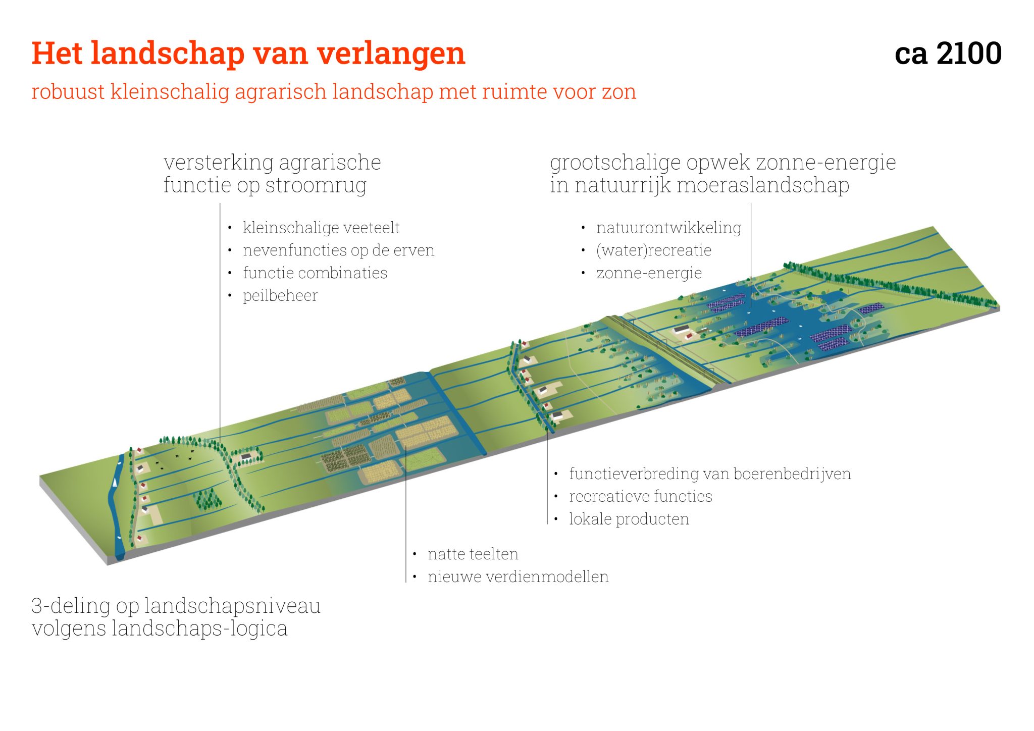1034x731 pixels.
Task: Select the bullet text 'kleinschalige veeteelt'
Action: (321, 228)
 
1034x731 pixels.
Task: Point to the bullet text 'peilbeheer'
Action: (280, 295)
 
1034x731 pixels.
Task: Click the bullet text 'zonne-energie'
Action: (649, 273)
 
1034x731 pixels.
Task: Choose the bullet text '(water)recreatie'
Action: (653, 250)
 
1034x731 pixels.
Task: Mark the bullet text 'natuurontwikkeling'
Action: (668, 228)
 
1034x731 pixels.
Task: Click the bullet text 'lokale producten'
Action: (629, 519)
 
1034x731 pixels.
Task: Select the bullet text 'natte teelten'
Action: (473, 554)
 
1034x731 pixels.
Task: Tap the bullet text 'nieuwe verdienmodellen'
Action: (518, 577)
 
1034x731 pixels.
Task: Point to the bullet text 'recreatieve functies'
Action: (640, 496)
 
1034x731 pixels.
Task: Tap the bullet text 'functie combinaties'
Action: (315, 273)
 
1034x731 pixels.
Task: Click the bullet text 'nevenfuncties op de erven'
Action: (338, 250)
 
